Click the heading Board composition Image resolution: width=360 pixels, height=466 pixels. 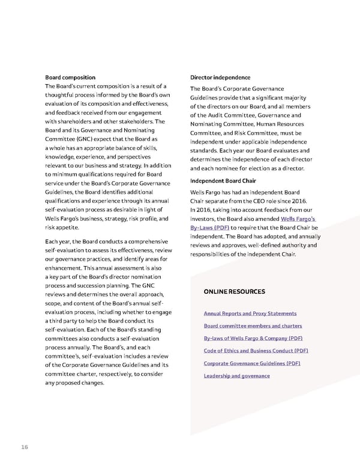[x=70, y=77]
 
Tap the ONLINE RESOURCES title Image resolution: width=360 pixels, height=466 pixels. [x=234, y=292]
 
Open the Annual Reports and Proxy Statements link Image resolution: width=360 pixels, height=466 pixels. [x=250, y=313]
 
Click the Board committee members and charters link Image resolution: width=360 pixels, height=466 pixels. [x=252, y=326]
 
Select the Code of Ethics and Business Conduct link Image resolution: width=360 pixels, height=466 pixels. [x=256, y=351]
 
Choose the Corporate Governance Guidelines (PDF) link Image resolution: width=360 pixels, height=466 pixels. [x=252, y=363]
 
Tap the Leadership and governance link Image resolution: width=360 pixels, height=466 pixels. [x=236, y=376]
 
